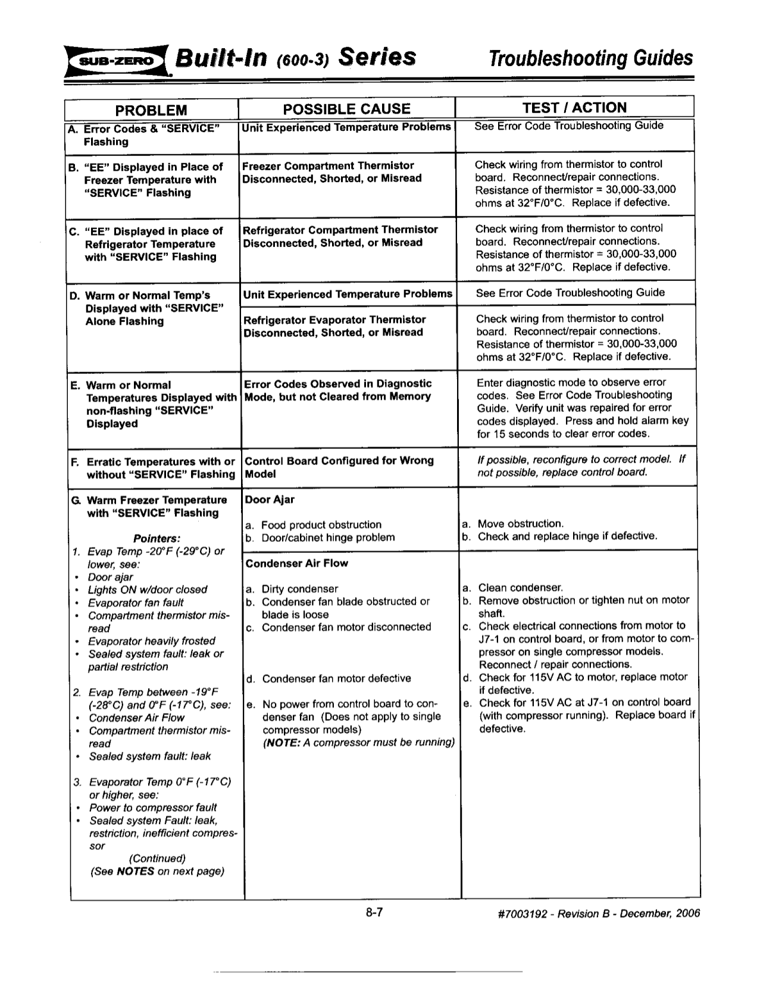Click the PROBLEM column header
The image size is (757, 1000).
pyautogui.click(x=151, y=110)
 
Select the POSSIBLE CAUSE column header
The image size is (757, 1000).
pyautogui.click(x=346, y=109)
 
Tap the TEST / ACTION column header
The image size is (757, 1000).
pyautogui.click(x=574, y=108)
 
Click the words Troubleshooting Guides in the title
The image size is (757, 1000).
pyautogui.click(x=590, y=58)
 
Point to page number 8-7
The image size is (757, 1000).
pyautogui.click(x=374, y=912)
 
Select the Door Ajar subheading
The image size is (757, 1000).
pyautogui.click(x=270, y=499)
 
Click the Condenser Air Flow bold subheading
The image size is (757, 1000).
pyautogui.click(x=296, y=563)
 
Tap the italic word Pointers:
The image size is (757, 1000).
pyautogui.click(x=157, y=538)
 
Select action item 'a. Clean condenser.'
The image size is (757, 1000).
pyautogui.click(x=513, y=587)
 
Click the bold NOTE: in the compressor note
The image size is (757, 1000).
pyautogui.click(x=283, y=742)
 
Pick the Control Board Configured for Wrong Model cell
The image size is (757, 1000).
pyautogui.click(x=339, y=467)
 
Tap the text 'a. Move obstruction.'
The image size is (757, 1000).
pyautogui.click(x=513, y=524)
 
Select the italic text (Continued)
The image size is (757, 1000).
pyautogui.click(x=157, y=858)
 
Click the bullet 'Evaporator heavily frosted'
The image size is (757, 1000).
pyautogui.click(x=151, y=641)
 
